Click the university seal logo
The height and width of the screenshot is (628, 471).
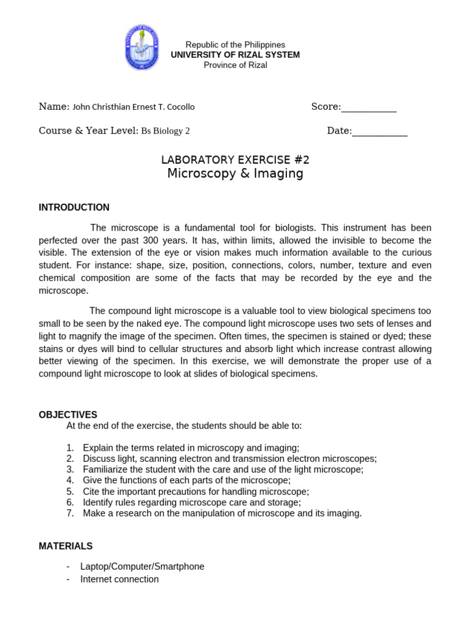(x=142, y=47)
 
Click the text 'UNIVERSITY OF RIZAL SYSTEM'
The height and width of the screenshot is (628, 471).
(x=235, y=55)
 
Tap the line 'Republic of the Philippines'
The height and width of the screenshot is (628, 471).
(x=235, y=45)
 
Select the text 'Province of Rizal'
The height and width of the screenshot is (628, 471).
(x=235, y=65)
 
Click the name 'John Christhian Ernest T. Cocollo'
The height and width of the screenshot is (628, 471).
(x=134, y=107)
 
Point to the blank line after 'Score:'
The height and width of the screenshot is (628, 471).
(x=369, y=108)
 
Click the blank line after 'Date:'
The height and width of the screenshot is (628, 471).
(x=380, y=131)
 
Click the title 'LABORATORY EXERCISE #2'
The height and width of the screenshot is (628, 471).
(x=235, y=160)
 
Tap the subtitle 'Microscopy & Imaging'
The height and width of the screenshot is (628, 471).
(x=235, y=174)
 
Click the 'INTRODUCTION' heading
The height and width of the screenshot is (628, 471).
(x=74, y=207)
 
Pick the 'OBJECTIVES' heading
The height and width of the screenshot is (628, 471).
(x=68, y=415)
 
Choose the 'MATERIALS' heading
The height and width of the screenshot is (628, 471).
(x=66, y=546)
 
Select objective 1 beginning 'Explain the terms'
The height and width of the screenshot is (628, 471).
(x=191, y=448)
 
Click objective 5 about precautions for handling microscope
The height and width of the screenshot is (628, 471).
(x=196, y=491)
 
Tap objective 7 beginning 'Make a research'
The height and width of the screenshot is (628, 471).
(x=222, y=513)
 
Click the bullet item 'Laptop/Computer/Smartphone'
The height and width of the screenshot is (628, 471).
(x=142, y=567)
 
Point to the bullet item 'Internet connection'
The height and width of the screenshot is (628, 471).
(x=120, y=579)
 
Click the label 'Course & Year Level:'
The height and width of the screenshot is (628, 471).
(x=88, y=131)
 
